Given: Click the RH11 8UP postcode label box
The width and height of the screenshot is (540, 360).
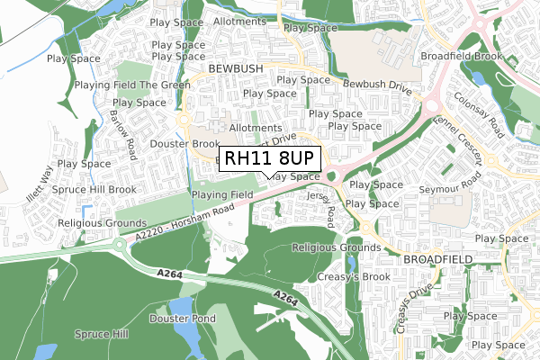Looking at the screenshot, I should [x=269, y=157].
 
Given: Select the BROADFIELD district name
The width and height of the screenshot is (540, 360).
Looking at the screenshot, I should [x=437, y=258].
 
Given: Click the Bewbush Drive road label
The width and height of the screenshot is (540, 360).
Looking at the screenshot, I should [x=376, y=93].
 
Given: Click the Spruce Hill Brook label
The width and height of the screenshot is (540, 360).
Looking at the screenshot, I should [x=97, y=190].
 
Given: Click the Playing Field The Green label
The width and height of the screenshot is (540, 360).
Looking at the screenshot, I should [x=132, y=85].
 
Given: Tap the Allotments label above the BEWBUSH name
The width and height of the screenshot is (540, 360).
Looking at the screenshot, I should [x=238, y=20].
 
